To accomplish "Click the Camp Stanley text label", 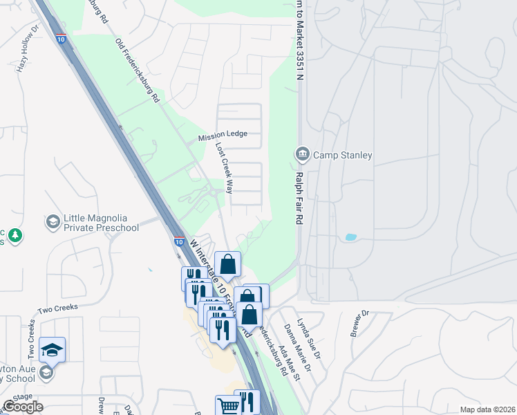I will (343, 155).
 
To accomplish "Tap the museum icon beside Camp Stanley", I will (302, 154).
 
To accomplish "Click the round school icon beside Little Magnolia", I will (52, 222).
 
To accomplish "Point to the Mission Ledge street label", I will (223, 137).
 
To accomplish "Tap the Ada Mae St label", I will (288, 362).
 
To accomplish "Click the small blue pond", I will (350, 237).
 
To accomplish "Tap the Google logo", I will (23, 406).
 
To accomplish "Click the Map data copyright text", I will (487, 409).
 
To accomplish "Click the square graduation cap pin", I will (52, 350).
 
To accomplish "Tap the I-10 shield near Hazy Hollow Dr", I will (62, 39).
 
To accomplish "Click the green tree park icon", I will (15, 237).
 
